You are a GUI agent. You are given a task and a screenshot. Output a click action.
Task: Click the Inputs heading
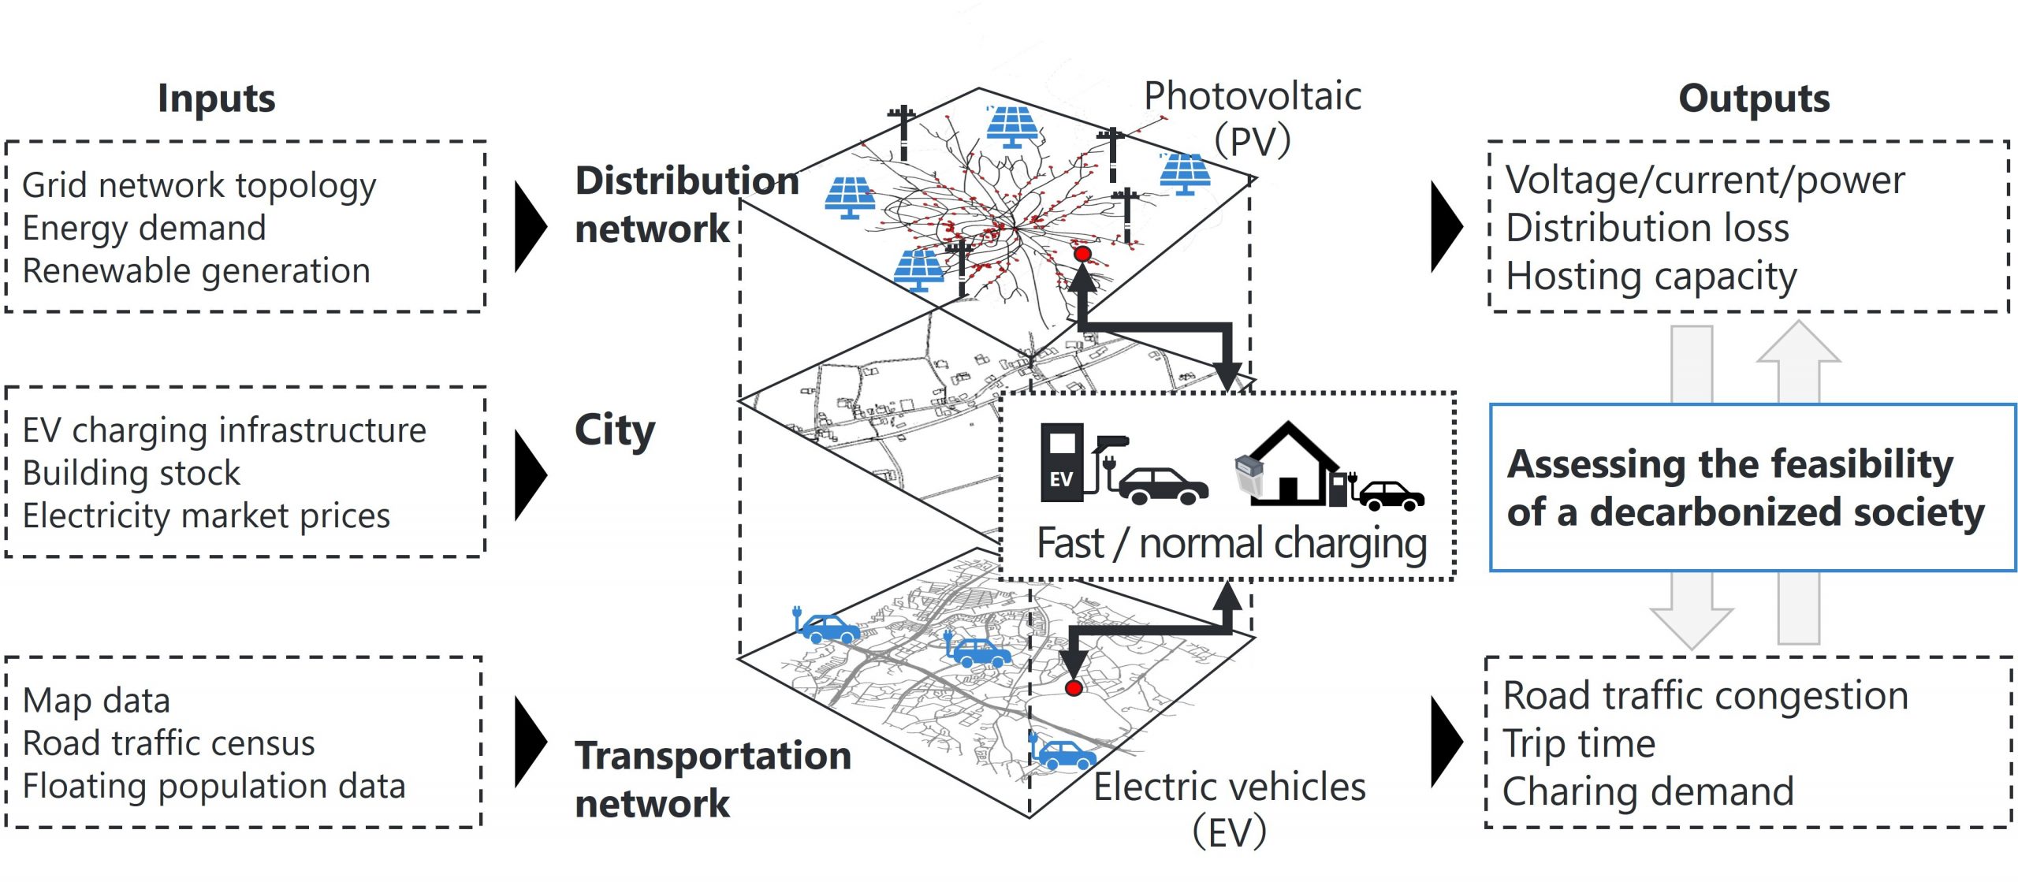coord(216,99)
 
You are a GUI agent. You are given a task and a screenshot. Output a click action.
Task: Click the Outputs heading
coord(1753,99)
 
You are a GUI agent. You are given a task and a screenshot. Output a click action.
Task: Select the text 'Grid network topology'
coord(199,186)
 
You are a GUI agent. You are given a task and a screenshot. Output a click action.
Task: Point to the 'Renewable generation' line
coord(195,271)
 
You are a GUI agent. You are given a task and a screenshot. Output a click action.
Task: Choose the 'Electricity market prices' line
coord(206,516)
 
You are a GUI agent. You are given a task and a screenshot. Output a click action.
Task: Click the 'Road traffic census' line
coord(169,743)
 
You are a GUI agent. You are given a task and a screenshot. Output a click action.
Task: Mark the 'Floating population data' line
coord(214,787)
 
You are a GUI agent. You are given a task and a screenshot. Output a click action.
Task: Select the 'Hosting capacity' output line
coord(1651,277)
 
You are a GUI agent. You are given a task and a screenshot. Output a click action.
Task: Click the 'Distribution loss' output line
coord(1647,229)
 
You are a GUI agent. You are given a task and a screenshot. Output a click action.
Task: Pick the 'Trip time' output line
coord(1578,744)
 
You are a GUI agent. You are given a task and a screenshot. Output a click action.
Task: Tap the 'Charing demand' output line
coord(1648,792)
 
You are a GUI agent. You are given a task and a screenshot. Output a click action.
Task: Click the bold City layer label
coord(615,431)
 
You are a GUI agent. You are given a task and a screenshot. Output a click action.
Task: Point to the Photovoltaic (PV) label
coord(1252,118)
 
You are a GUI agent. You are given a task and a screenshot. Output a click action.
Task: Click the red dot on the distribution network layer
coord(1082,254)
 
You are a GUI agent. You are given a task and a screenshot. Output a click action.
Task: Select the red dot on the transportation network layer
coord(1073,688)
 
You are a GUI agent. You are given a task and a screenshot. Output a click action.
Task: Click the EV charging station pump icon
coord(1064,463)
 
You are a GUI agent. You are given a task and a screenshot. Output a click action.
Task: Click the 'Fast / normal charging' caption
coord(1231,544)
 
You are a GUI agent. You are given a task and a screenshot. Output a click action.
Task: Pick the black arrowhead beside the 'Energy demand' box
coord(530,227)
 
